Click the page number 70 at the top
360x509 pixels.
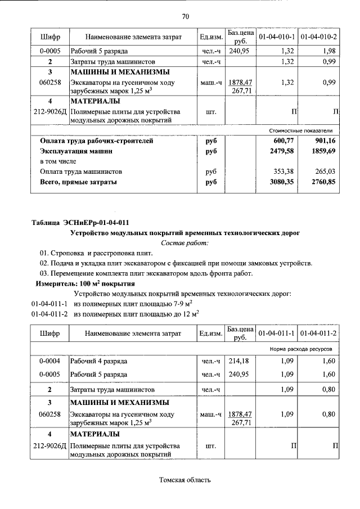[185, 16]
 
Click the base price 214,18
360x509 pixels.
[239, 360]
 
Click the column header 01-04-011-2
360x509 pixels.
[318, 334]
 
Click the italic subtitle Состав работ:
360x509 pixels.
[184, 242]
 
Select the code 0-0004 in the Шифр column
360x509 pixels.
[49, 360]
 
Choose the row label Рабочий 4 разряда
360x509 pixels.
[98, 360]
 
